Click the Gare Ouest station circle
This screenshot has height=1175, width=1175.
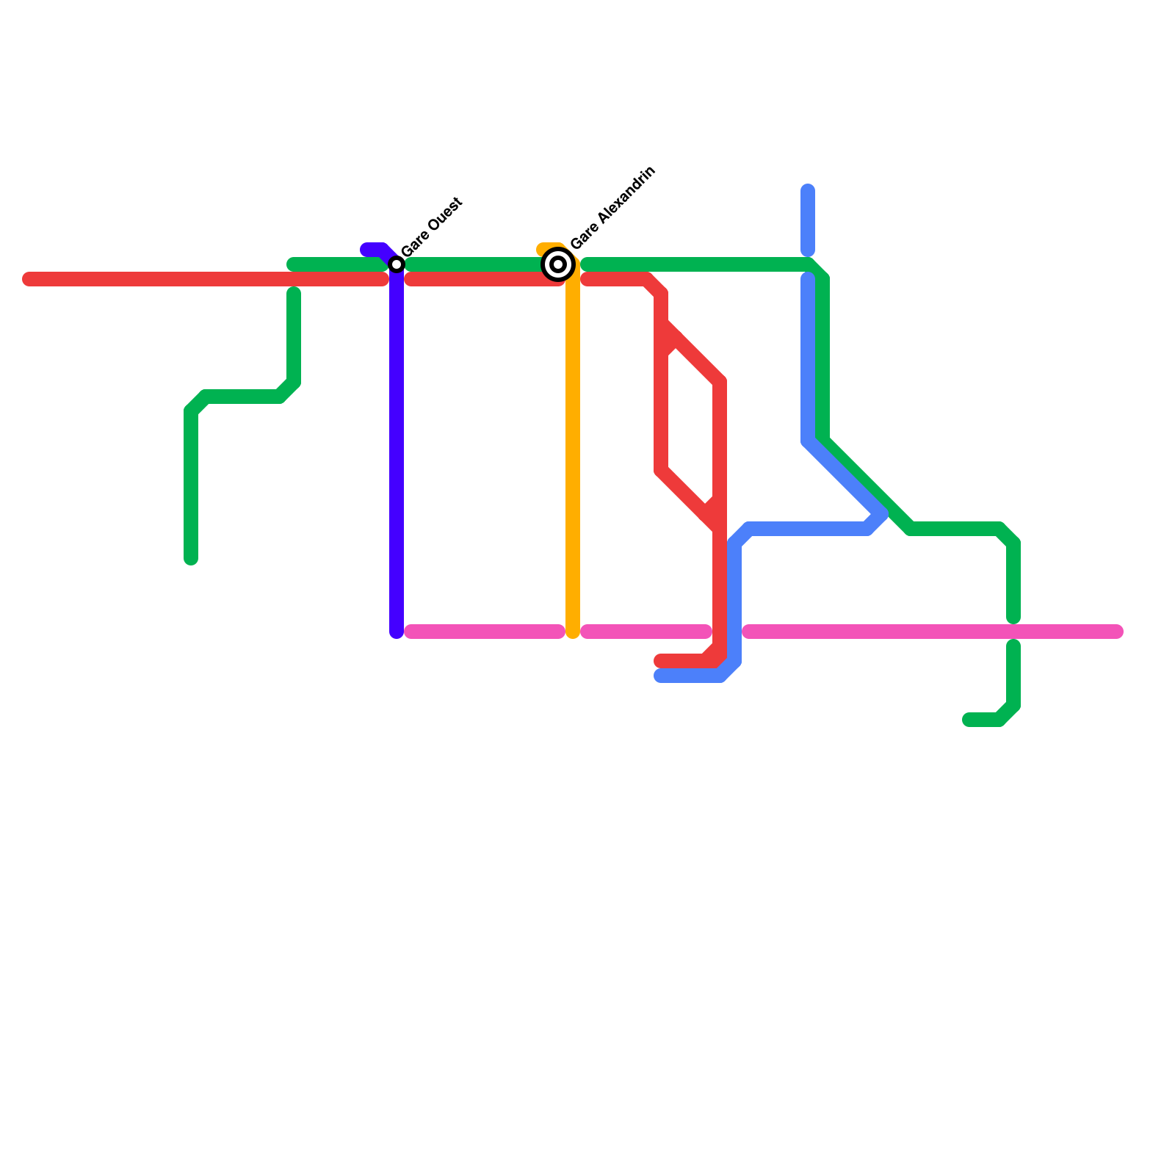[x=397, y=264]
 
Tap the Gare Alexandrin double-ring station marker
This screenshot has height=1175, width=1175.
[x=558, y=264]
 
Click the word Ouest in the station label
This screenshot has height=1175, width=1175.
[x=444, y=217]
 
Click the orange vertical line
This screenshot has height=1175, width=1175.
[x=573, y=455]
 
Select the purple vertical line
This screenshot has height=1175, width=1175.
[x=397, y=455]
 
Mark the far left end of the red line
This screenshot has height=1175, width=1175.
[x=28, y=279]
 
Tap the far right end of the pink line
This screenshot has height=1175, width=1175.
[x=1118, y=632]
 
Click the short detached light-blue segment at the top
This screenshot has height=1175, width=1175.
[x=808, y=220]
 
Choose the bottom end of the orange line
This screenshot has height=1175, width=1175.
[x=573, y=633]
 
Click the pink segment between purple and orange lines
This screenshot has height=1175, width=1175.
[x=485, y=632]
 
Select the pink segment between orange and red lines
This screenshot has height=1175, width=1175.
[x=646, y=632]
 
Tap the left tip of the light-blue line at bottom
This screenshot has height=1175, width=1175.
[x=659, y=676]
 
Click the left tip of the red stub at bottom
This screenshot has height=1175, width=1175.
[x=659, y=661]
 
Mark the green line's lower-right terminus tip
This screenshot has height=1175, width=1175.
[x=968, y=720]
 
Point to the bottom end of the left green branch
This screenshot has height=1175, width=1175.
[x=191, y=560]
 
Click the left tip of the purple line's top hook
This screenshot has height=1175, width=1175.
[x=366, y=250]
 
